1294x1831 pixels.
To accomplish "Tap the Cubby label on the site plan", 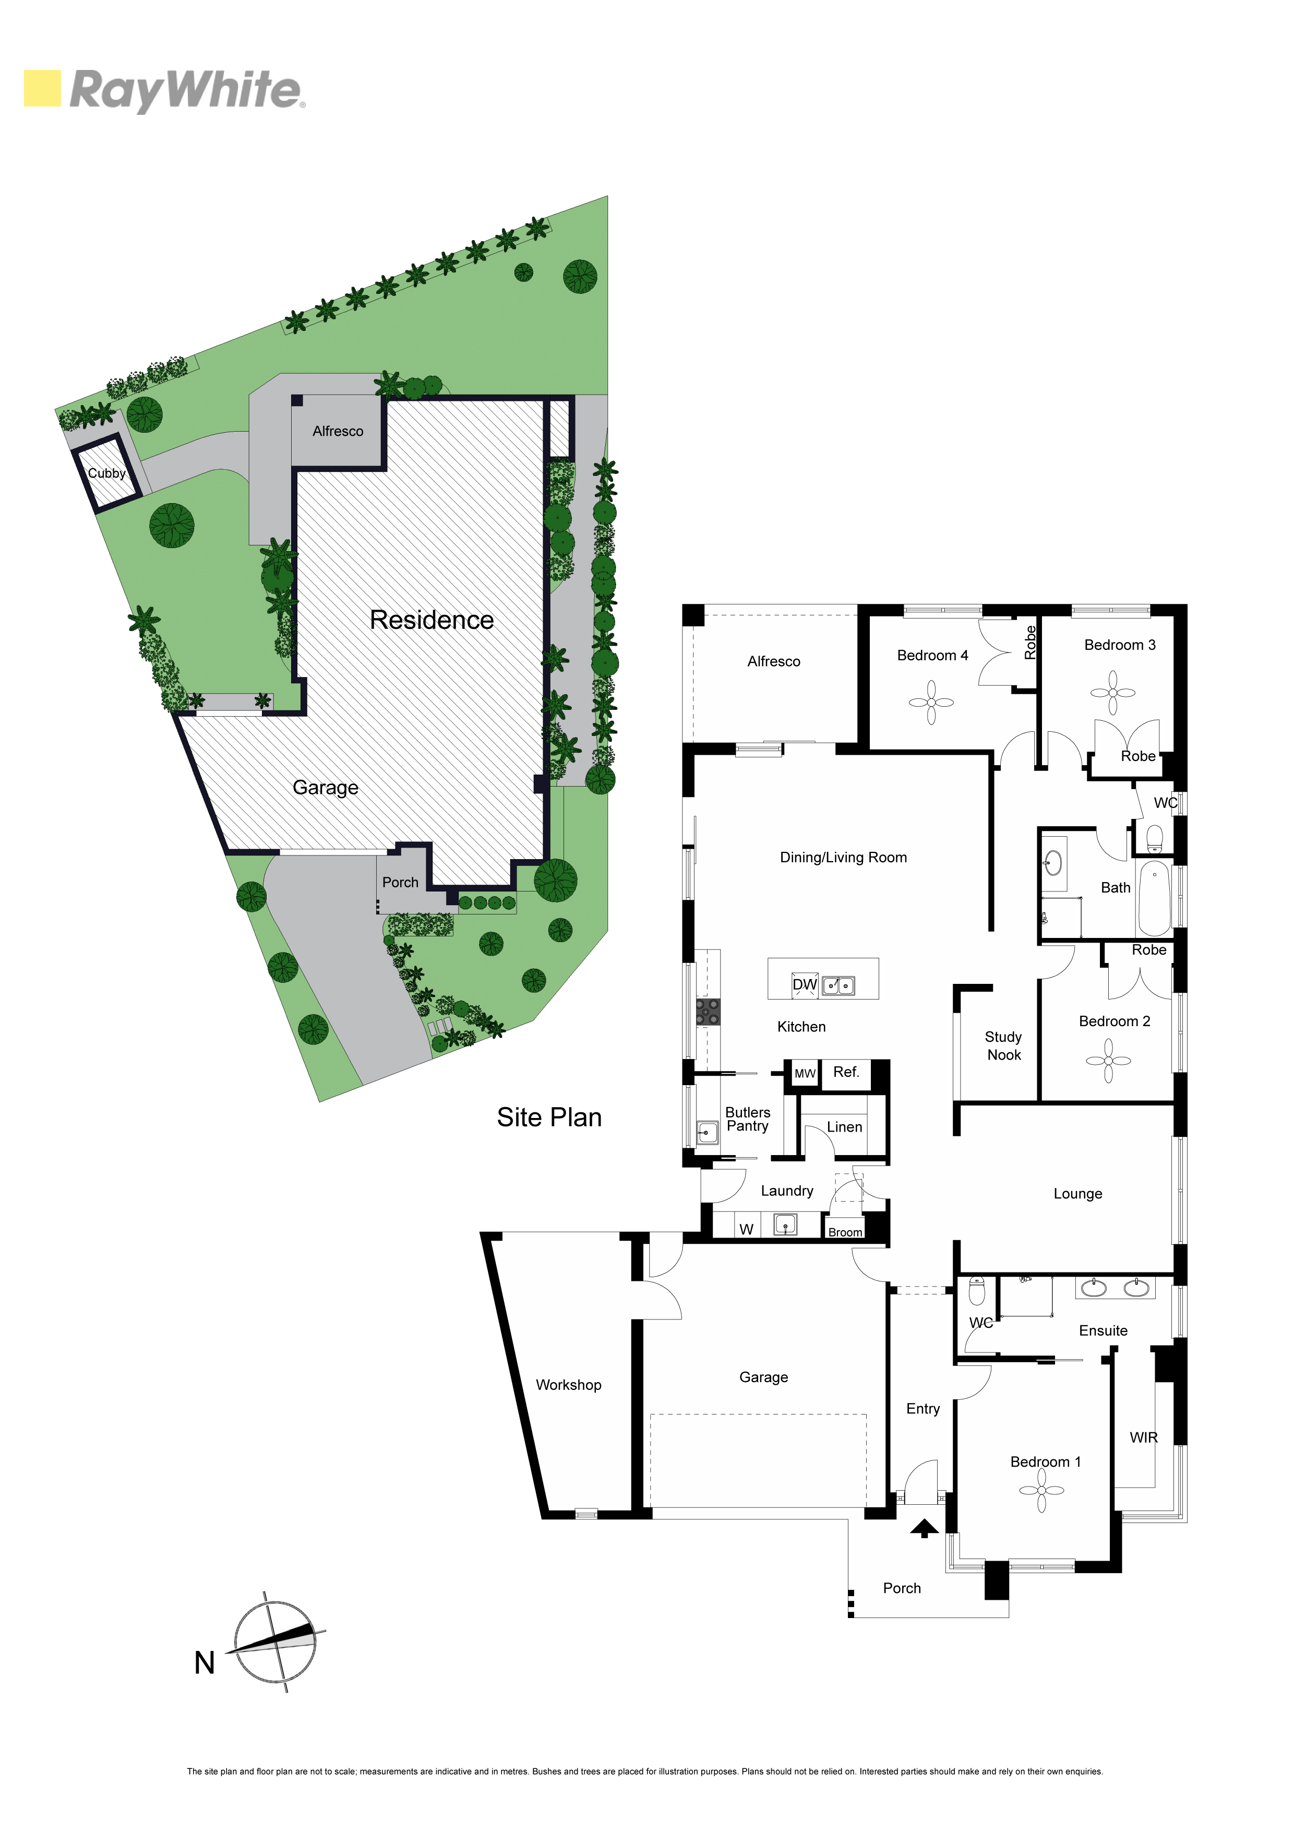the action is [x=107, y=473].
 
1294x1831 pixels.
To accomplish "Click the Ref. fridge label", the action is [x=846, y=1072].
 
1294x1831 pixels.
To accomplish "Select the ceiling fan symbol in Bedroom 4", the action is [x=931, y=703].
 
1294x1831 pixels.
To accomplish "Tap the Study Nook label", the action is [x=1004, y=1045].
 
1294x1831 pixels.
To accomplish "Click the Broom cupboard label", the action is [x=845, y=1232].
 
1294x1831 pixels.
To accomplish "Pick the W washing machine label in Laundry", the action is [x=746, y=1229].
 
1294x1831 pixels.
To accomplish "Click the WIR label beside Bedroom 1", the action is [x=1143, y=1437].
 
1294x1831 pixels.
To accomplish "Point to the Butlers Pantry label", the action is [x=748, y=1119].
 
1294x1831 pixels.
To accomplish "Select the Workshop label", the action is [x=568, y=1384].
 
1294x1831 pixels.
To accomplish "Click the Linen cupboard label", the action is [x=844, y=1127].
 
